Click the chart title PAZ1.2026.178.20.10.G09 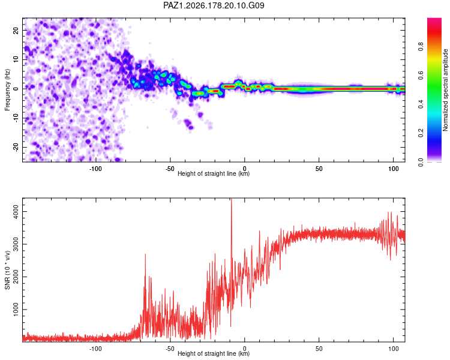[x=214, y=5]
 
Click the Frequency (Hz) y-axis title [x=7, y=90]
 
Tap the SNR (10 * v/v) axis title [x=7, y=270]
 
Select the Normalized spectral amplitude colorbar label [x=445, y=90]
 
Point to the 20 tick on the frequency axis [x=16, y=31]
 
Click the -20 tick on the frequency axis [x=16, y=147]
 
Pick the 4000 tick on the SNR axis [x=16, y=212]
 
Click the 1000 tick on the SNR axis [x=16, y=310]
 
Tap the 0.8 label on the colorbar [x=421, y=46]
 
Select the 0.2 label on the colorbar [x=421, y=133]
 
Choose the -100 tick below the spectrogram [x=95, y=169]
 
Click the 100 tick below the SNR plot [x=394, y=349]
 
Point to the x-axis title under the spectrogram [x=214, y=173]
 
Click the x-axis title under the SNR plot [x=214, y=353]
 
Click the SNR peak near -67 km [x=145, y=254]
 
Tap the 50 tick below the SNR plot [x=319, y=349]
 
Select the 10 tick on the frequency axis [x=16, y=59]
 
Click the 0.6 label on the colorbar [x=421, y=75]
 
